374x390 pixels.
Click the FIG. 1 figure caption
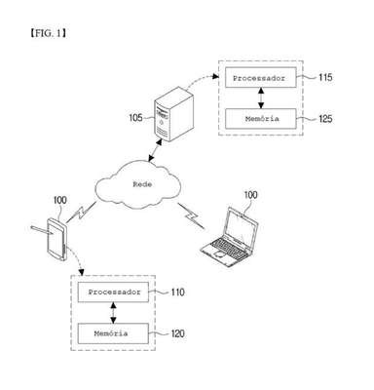[48, 33]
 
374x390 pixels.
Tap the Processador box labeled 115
[261, 77]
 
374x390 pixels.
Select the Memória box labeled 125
[261, 119]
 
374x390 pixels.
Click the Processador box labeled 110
[113, 292]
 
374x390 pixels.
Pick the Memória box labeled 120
[113, 333]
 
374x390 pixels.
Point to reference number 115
[325, 77]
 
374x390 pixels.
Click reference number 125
[325, 119]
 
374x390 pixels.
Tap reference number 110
[177, 292]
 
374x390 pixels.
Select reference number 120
[177, 333]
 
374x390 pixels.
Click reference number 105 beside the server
[135, 117]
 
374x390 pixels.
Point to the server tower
[173, 114]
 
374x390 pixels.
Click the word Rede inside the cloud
[142, 184]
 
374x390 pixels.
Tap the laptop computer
[229, 237]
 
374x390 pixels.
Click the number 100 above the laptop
[250, 195]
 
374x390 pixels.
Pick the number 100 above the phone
[59, 200]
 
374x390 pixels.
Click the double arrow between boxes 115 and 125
[261, 97]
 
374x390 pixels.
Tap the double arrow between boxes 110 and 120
[113, 313]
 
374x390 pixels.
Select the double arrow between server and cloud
[155, 150]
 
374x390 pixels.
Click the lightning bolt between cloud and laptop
[192, 216]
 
